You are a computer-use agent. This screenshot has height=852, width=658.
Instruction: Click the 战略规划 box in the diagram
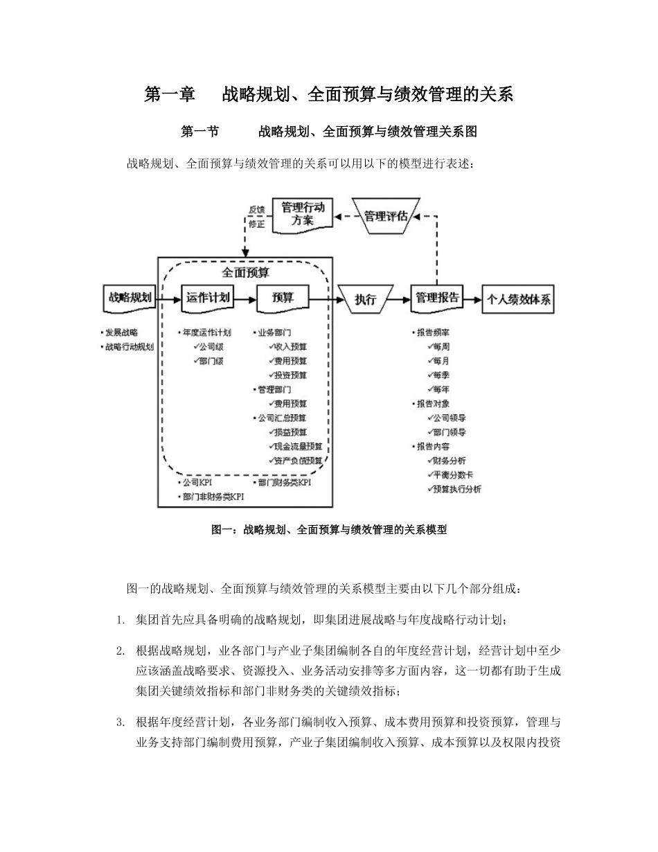128,298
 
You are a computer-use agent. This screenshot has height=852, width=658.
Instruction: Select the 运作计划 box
208,298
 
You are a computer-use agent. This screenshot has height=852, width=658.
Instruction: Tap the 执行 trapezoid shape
365,299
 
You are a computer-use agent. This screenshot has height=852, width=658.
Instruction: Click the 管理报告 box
436,298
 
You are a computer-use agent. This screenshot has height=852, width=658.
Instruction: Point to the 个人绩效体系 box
520,299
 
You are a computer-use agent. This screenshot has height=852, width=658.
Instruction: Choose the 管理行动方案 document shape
302,214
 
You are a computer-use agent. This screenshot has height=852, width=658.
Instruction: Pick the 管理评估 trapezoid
385,215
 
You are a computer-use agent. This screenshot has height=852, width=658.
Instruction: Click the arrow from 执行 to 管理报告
399,299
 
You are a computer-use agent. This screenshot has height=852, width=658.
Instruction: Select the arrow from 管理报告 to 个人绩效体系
472,299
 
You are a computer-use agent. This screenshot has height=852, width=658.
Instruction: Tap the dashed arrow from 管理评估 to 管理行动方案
343,216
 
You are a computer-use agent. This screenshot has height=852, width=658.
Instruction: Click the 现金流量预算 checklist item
299,446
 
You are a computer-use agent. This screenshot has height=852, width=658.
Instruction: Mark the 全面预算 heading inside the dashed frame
246,272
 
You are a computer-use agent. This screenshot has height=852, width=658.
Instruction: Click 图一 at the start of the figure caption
221,530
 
